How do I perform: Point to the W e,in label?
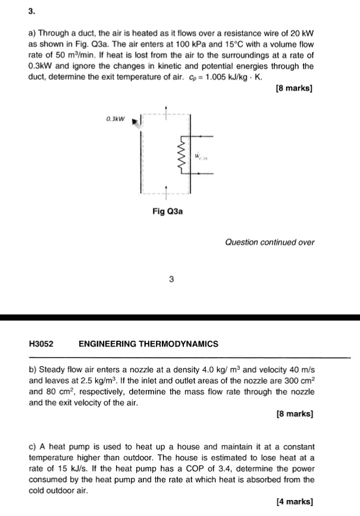click(x=200, y=158)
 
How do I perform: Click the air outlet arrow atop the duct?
click(x=167, y=109)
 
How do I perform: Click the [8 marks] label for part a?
click(x=295, y=89)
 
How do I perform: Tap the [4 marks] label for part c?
click(x=295, y=501)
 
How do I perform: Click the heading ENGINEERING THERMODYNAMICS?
click(x=148, y=344)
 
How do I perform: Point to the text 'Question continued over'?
click(x=270, y=242)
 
